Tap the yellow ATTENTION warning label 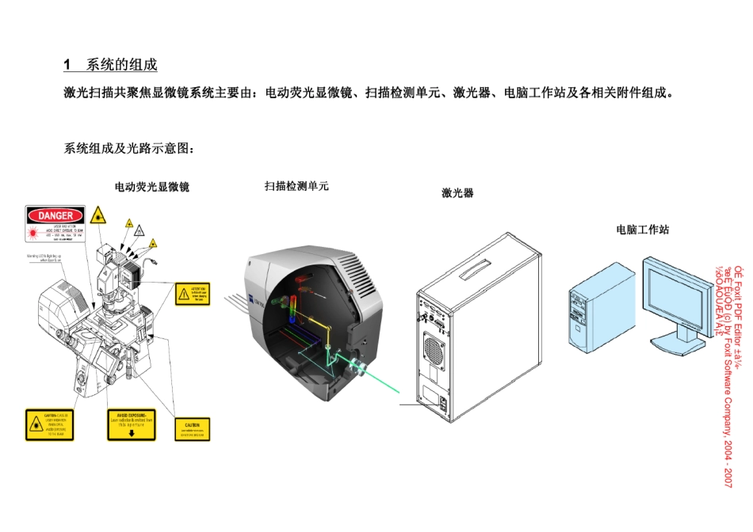[193, 293]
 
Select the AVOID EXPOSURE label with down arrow [132, 425]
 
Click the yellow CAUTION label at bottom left [49, 424]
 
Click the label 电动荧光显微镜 [152, 188]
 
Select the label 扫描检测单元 [296, 186]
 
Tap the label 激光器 [457, 192]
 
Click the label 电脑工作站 [643, 230]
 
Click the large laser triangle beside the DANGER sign [99, 215]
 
